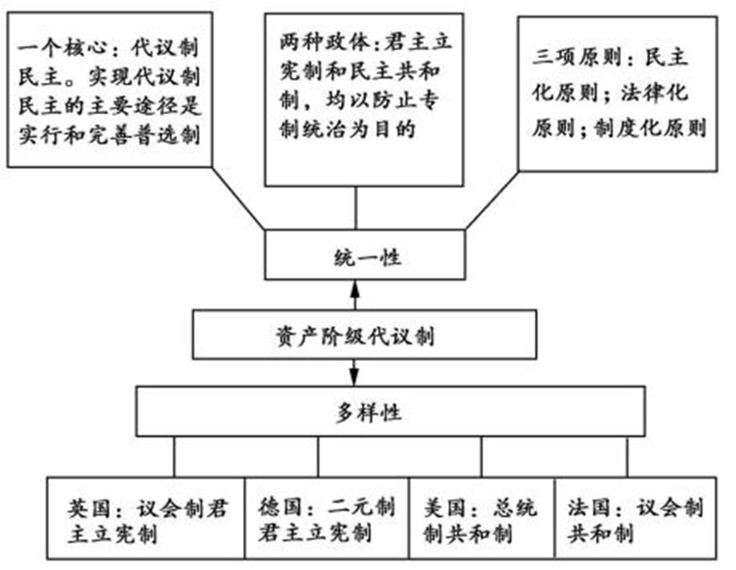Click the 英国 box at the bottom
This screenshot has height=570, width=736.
146,519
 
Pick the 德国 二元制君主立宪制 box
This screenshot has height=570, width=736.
326,519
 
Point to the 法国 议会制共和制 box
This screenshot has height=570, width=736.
635,519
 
